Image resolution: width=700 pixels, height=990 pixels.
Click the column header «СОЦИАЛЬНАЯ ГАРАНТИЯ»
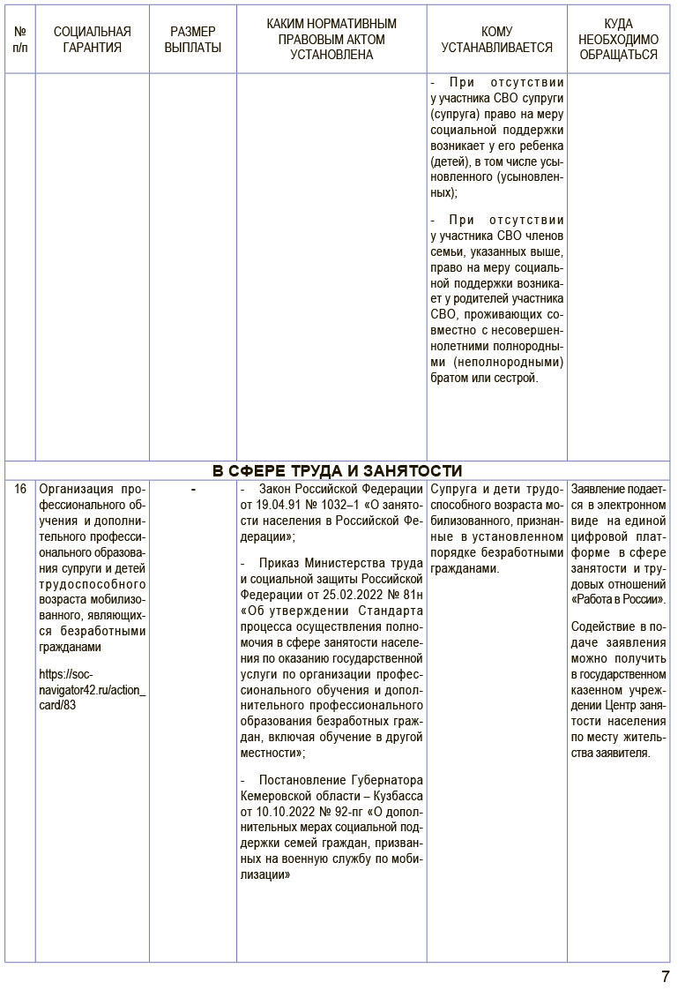point(92,40)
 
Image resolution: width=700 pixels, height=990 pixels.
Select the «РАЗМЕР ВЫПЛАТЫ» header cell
point(193,40)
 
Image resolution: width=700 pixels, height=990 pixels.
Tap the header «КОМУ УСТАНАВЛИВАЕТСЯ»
point(496,40)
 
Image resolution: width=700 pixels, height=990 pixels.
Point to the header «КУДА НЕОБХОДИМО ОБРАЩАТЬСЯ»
point(618,40)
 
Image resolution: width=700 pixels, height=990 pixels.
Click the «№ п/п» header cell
point(20,40)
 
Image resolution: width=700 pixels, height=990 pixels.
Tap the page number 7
point(666,977)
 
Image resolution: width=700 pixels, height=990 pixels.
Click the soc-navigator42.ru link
point(92,689)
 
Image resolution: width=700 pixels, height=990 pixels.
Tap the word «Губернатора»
point(387,780)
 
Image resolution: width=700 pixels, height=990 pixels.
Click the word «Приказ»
point(281,563)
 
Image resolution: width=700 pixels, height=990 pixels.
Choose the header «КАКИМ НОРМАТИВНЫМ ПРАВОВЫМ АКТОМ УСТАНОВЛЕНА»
point(331,40)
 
